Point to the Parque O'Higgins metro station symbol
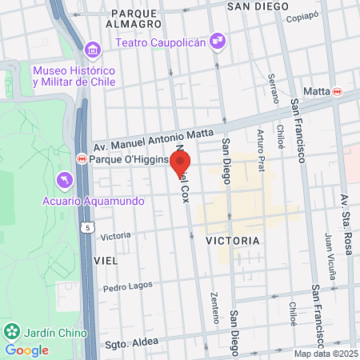(x=82, y=158)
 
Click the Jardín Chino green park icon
(x=12, y=330)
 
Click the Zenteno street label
(x=214, y=307)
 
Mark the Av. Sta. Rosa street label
(x=346, y=225)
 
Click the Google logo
(x=26, y=350)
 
